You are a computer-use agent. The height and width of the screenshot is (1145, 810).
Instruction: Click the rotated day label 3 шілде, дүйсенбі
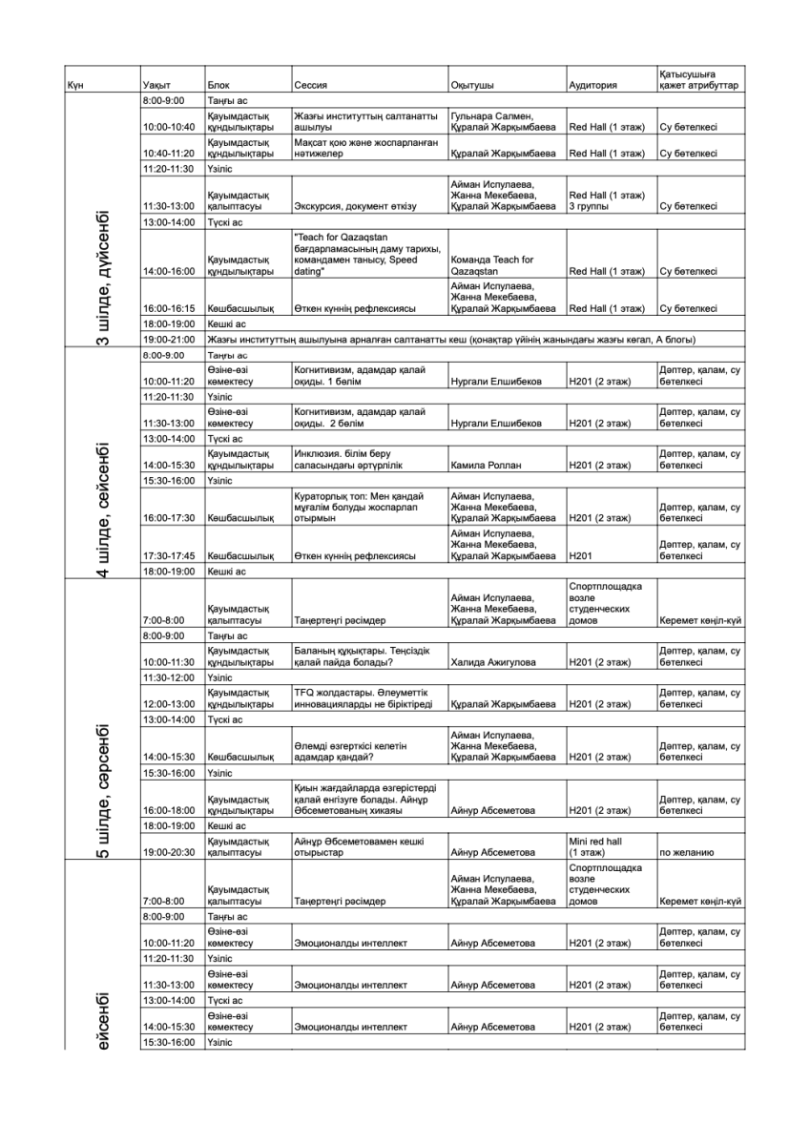coord(102,277)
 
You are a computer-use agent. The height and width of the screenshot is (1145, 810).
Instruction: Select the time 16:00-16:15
coord(167,308)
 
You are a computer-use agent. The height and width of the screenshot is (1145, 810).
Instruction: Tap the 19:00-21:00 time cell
coord(167,339)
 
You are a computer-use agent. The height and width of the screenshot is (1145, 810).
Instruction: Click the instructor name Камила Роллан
coord(482,466)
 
